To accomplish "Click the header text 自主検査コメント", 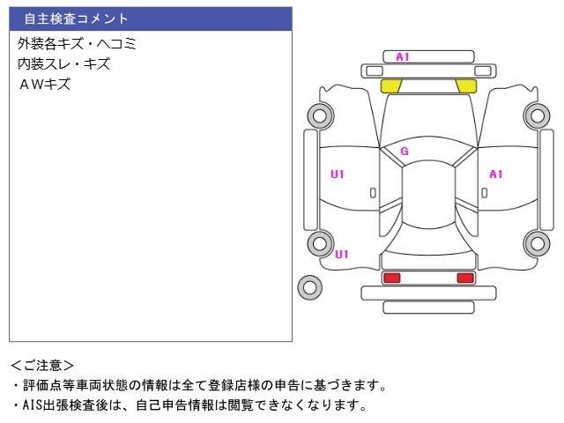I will point(76,19).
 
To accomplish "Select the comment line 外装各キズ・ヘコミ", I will point(77,43).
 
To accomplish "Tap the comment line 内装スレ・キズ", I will point(63,64).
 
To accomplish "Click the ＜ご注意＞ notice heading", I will point(42,365).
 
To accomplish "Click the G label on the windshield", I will point(404,151).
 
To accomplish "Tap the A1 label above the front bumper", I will point(403,57).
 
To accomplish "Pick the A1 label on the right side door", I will point(496,174).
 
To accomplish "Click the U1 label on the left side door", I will point(338,174).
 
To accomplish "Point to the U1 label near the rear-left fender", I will point(342,255).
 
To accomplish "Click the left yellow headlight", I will point(390,85).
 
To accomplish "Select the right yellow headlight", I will point(466,85).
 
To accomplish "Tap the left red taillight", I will point(391,278).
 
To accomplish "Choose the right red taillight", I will point(464,278).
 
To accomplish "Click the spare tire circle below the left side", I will point(309,286).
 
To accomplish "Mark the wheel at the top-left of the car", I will point(318,115).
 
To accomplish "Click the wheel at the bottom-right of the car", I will point(536,244).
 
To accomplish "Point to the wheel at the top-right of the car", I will point(536,115).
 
